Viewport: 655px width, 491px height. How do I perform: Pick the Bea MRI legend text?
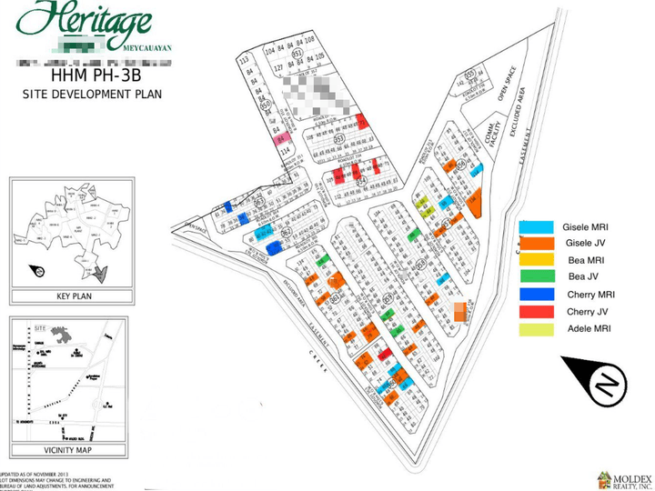(582, 260)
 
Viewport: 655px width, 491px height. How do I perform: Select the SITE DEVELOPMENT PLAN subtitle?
(80, 94)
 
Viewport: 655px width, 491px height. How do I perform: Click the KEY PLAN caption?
(67, 296)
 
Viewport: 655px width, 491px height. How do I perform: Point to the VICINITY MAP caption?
(67, 450)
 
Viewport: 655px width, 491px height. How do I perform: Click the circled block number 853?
(338, 139)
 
